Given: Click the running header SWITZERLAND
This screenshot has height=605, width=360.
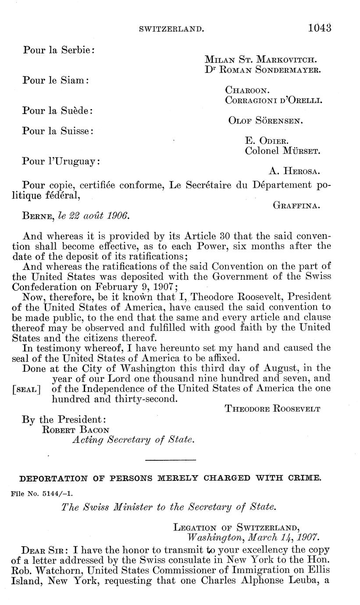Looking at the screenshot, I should point(171,29).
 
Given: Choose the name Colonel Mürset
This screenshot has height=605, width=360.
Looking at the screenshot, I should point(282,151).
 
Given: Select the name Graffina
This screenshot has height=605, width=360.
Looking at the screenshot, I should point(297,205).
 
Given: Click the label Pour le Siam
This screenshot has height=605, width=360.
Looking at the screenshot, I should point(56,81).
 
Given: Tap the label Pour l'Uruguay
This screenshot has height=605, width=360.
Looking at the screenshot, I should point(61,161).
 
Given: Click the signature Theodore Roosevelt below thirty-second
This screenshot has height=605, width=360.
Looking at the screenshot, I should point(272,409).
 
